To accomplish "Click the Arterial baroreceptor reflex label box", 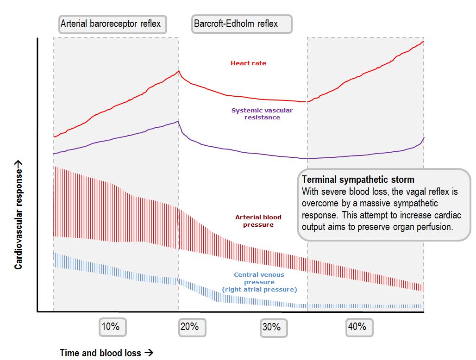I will [x=113, y=24].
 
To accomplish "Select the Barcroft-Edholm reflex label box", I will [x=242, y=24].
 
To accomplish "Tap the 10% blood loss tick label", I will [x=112, y=327].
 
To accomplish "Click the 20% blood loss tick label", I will [x=192, y=327].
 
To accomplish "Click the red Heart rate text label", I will [x=248, y=63].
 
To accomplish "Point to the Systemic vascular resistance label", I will [x=262, y=114].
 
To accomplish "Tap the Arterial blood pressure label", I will [x=258, y=221].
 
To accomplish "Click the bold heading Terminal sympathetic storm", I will [x=358, y=180].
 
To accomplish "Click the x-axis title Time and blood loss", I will [x=100, y=353].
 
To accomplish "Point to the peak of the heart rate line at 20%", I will [x=179, y=70].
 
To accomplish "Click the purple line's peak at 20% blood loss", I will [x=178, y=121].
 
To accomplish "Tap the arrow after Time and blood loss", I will [x=149, y=353].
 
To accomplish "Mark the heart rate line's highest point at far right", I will [x=423, y=41].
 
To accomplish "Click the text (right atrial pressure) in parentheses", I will [x=259, y=290].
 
